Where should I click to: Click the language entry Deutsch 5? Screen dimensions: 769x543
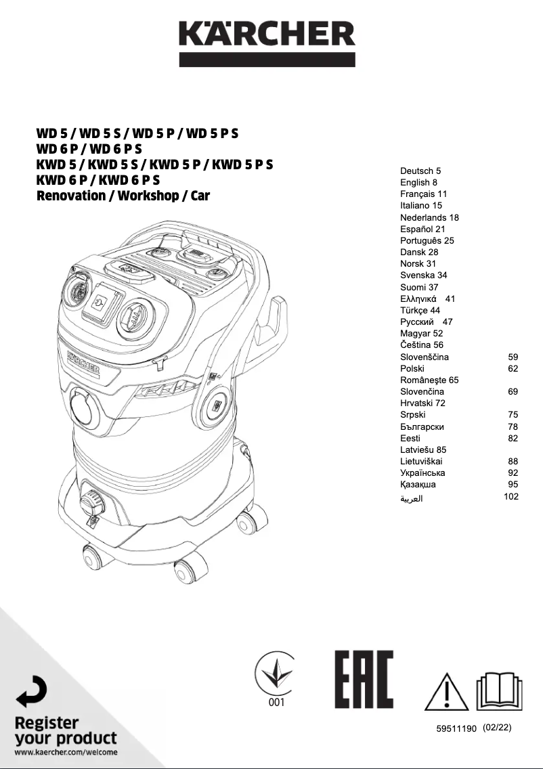pos(420,171)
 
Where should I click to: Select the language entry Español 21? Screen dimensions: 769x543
pos(422,229)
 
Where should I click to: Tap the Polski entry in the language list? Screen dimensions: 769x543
pos(412,368)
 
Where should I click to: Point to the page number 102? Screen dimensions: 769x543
pos(511,496)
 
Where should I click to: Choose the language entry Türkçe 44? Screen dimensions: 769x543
pos(420,310)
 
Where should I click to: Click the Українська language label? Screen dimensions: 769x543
pos(422,473)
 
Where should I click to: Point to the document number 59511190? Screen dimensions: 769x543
pos(458,728)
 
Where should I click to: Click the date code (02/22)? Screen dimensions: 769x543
pos(498,728)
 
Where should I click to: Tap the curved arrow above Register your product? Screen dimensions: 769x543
pos(31,692)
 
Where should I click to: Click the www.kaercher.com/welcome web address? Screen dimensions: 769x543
pos(66,752)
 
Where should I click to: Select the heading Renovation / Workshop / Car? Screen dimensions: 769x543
pos(123,196)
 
